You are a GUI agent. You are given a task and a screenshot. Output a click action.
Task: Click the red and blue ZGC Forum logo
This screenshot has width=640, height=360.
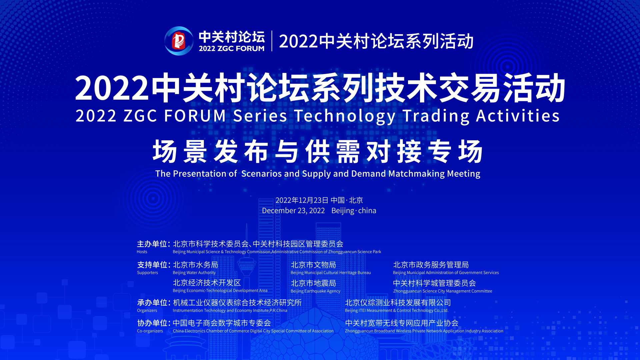click(179, 41)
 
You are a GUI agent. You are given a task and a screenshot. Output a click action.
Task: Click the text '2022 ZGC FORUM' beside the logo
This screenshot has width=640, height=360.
click(232, 49)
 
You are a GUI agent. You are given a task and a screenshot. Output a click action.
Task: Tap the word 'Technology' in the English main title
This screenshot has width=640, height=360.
click(345, 116)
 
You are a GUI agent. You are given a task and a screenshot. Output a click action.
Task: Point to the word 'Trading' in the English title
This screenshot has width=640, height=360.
click(436, 116)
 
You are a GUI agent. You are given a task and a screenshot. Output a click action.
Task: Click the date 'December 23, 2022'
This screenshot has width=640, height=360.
click(293, 211)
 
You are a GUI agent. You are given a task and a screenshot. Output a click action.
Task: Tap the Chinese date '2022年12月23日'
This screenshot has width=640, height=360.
click(302, 200)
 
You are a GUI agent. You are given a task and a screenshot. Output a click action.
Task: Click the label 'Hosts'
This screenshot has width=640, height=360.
click(142, 252)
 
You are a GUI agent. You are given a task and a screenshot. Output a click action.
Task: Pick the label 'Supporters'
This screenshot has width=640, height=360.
click(147, 273)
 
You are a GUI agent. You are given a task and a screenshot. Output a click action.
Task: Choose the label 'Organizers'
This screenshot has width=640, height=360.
click(147, 311)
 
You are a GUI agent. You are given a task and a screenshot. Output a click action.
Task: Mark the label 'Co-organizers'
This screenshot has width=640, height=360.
click(150, 331)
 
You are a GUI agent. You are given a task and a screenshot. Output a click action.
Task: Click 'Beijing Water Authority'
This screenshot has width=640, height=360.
click(194, 273)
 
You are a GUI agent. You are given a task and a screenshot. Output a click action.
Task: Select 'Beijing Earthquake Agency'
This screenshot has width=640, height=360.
click(315, 291)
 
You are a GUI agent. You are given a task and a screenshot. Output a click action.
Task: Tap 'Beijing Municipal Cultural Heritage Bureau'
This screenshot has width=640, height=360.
click(331, 273)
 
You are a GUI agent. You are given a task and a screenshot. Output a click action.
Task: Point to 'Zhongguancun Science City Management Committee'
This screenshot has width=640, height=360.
click(443, 291)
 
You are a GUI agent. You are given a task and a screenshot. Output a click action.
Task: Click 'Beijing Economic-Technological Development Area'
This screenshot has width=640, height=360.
click(220, 291)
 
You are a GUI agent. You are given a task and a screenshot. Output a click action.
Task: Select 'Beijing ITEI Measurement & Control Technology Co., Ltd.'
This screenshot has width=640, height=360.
click(397, 311)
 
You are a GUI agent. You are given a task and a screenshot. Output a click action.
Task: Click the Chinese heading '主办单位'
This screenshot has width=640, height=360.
click(152, 244)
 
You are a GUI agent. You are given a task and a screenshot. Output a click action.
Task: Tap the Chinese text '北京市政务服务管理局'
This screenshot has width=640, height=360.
click(431, 265)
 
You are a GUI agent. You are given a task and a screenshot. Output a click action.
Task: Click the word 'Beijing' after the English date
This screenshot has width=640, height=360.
click(343, 211)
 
